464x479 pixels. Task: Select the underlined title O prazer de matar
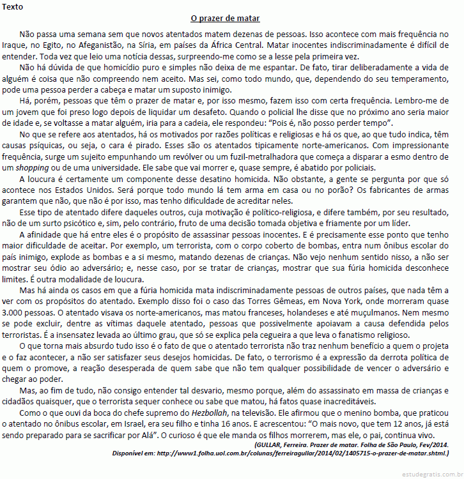(x=225, y=19)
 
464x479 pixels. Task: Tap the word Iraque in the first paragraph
(x=15, y=46)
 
